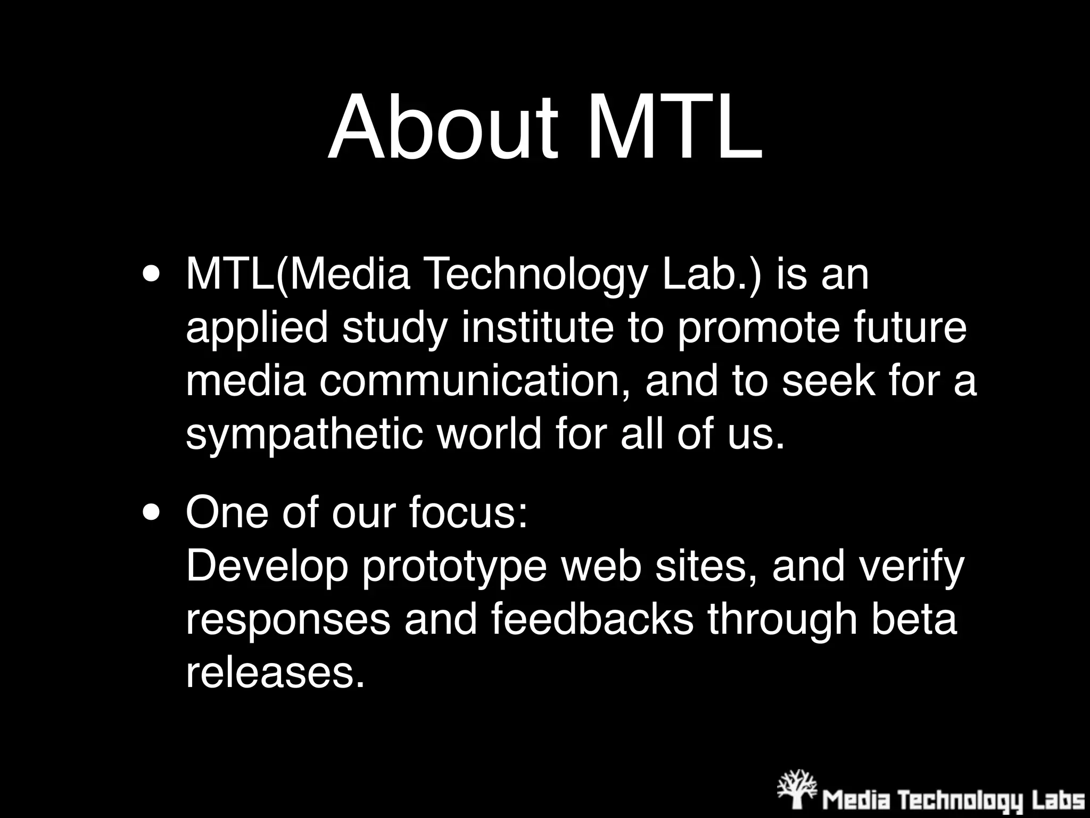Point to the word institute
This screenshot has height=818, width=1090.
538,328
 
